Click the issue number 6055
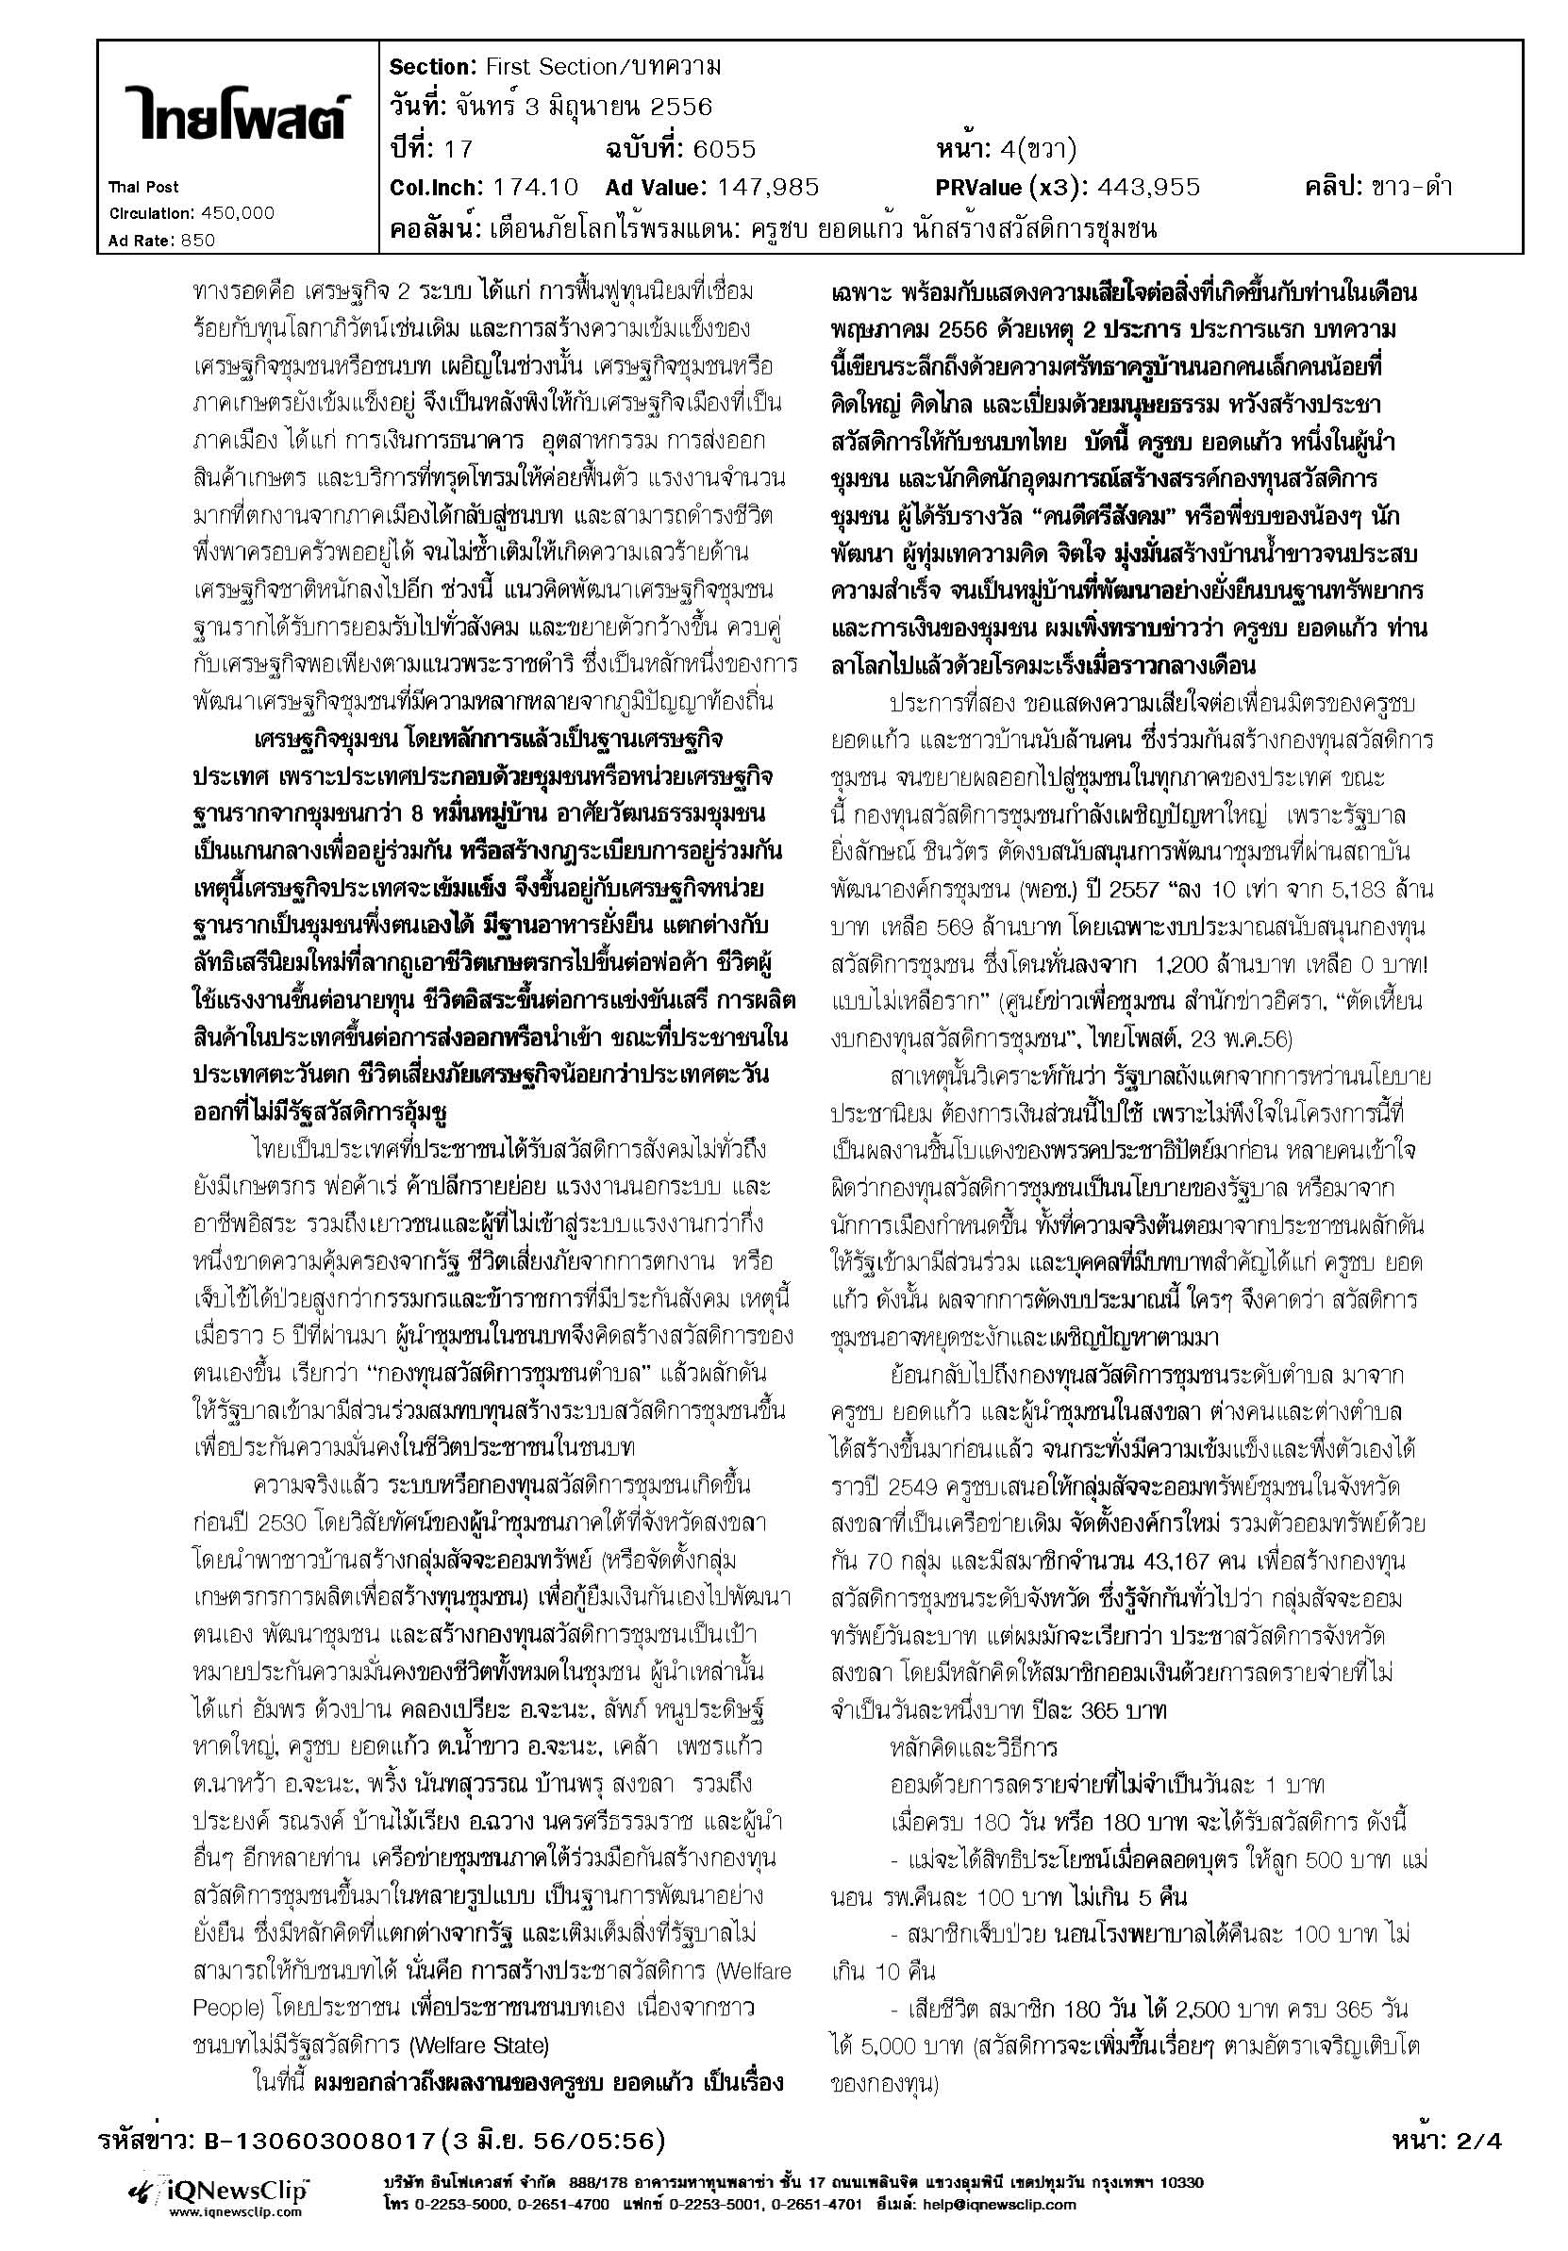[x=724, y=149]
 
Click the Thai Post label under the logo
[x=143, y=187]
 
